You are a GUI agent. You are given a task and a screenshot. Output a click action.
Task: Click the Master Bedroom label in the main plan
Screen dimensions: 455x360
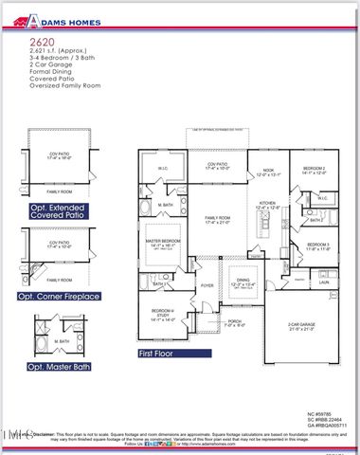164,242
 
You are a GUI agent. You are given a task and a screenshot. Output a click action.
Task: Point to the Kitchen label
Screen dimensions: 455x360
266,204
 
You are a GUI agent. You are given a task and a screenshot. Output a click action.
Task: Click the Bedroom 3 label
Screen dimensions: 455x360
317,246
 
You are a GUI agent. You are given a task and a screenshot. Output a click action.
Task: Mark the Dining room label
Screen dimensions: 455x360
243,282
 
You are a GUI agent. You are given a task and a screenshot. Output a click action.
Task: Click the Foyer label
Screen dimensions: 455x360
207,285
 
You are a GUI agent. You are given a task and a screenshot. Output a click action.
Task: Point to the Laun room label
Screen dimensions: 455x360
322,282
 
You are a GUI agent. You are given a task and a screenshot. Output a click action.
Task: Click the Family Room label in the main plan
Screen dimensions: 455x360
218,219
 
